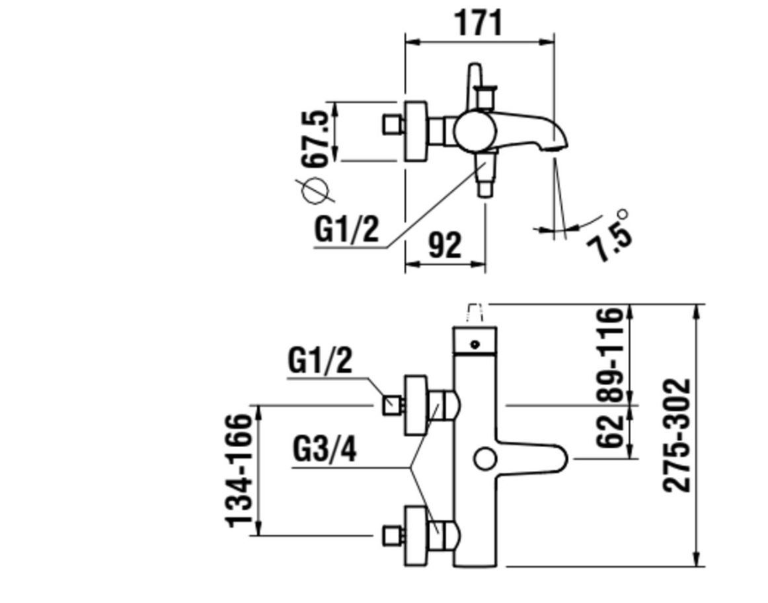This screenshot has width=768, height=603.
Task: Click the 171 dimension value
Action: click(x=479, y=22)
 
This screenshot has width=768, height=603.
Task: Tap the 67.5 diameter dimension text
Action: click(x=315, y=139)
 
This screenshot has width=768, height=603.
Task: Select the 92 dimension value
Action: click(x=445, y=245)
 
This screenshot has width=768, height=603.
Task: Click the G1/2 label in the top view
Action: click(x=347, y=229)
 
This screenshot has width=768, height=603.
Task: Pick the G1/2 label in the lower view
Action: click(x=320, y=361)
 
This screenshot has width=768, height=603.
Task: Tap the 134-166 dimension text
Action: click(x=239, y=470)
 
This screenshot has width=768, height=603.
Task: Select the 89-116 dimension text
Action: click(x=611, y=355)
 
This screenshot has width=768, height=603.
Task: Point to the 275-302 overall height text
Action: click(x=676, y=435)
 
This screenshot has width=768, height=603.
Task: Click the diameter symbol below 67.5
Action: click(x=315, y=190)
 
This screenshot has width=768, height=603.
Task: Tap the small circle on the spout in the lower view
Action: click(x=485, y=458)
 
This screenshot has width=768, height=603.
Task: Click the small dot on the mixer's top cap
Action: click(x=474, y=345)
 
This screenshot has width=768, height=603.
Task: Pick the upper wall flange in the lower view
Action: click(x=416, y=406)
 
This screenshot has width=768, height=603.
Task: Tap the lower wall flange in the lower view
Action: click(x=416, y=536)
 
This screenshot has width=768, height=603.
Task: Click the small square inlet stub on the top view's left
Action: click(x=393, y=124)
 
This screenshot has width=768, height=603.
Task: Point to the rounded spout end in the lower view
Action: click(x=561, y=458)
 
